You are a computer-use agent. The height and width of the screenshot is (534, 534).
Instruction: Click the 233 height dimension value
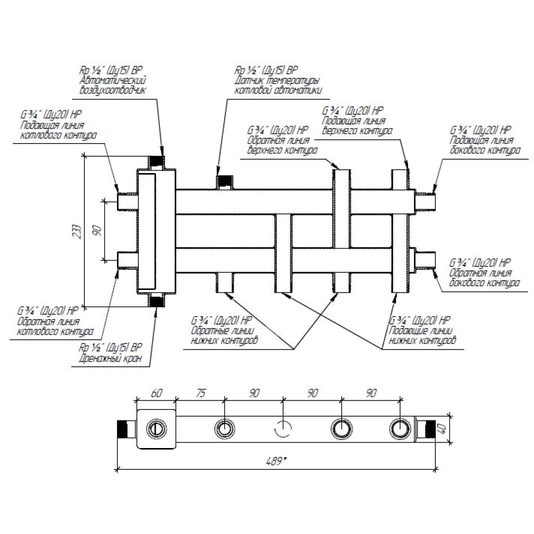pyautogui.click(x=77, y=231)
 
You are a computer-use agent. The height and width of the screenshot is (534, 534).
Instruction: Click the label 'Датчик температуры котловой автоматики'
pyautogui.click(x=278, y=85)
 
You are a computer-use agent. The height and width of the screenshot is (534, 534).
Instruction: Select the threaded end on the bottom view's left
pyautogui.click(x=124, y=428)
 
